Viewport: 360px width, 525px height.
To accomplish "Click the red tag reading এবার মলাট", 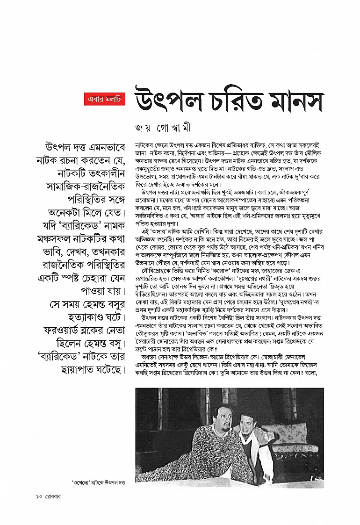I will (x=102, y=99).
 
